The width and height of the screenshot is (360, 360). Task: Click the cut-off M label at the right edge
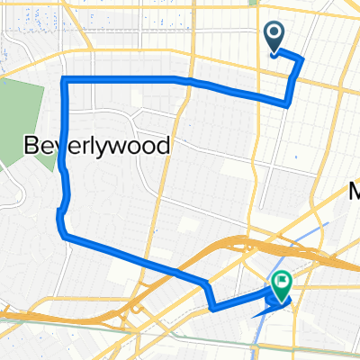[x=354, y=190]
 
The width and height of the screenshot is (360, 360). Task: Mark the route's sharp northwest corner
[x=63, y=82]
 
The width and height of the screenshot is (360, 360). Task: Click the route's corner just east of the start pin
[x=301, y=60]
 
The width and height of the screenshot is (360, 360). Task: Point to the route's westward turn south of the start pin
[x=288, y=102]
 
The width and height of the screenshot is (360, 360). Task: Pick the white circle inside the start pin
[x=275, y=34]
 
